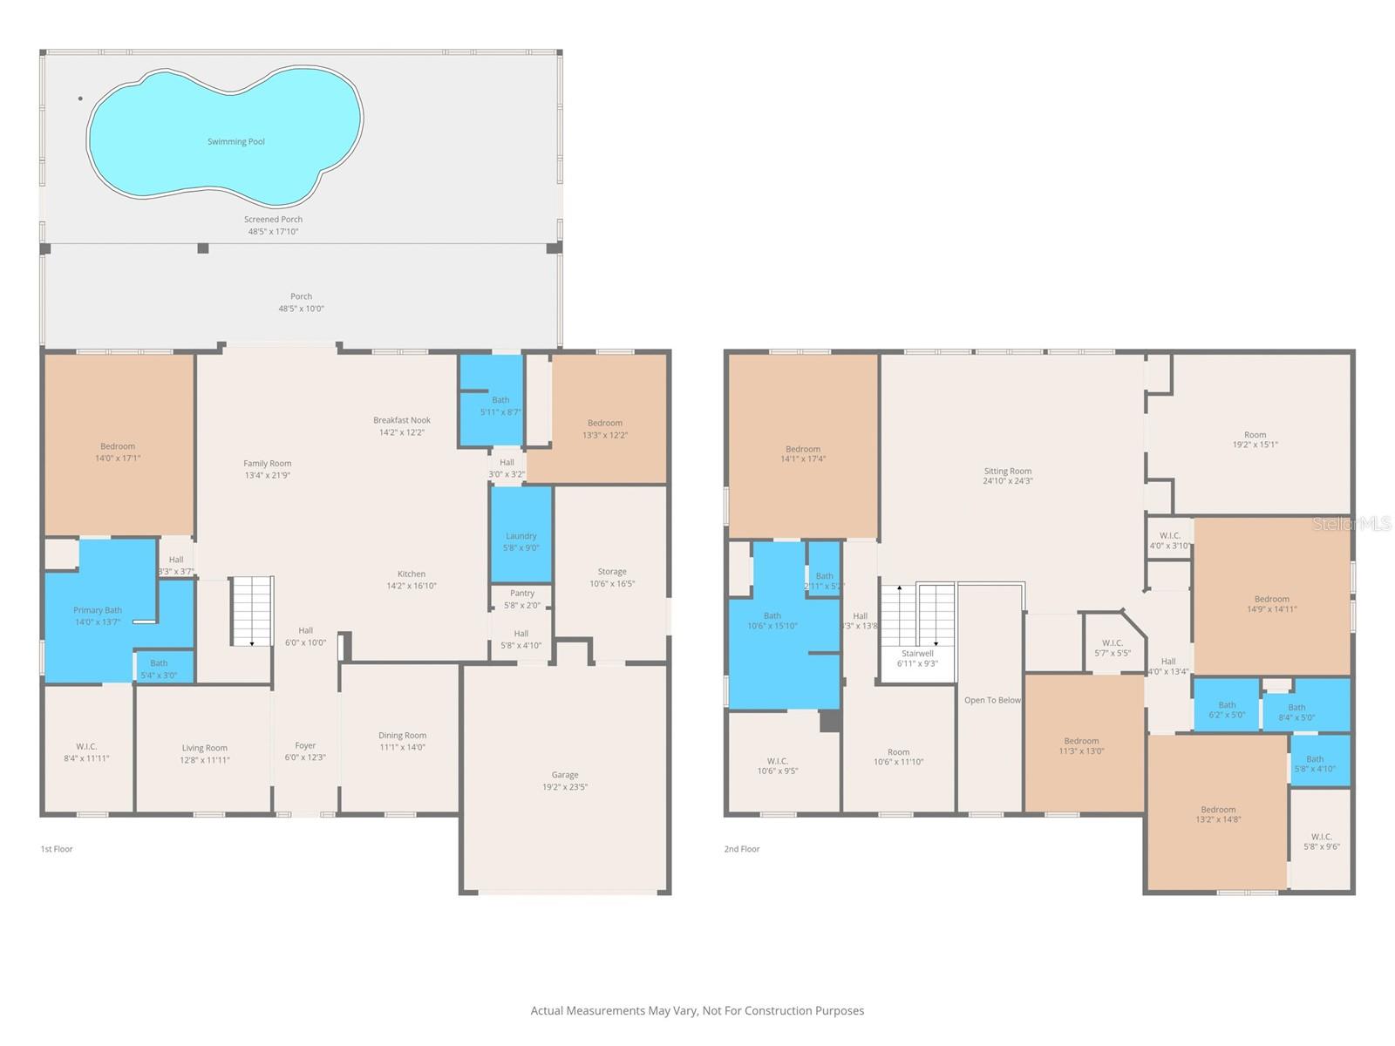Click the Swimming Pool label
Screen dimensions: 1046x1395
pos(235,141)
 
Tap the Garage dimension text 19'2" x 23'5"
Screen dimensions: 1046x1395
pos(565,787)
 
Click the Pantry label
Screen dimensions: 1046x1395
pos(521,594)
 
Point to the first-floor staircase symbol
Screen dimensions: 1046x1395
pos(252,611)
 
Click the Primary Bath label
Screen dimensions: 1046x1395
pos(98,610)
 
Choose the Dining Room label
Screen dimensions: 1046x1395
pos(402,735)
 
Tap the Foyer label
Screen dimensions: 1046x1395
pos(305,745)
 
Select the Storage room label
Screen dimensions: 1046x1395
pos(612,572)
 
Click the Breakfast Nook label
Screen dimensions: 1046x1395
pos(402,420)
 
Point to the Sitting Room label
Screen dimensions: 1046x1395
pos(1008,471)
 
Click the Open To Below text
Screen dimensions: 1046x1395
pos(992,700)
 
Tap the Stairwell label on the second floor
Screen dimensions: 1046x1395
pos(917,653)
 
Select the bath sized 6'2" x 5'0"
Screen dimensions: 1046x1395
pos(1227,710)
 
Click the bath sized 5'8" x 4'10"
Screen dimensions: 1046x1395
pos(1315,764)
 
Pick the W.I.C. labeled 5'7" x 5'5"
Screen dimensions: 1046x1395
pos(1113,648)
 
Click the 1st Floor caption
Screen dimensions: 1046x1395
pos(57,849)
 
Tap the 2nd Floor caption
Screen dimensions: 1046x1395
pos(742,849)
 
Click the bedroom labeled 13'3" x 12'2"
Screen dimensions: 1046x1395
pos(605,429)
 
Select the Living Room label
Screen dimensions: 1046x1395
pos(205,748)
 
